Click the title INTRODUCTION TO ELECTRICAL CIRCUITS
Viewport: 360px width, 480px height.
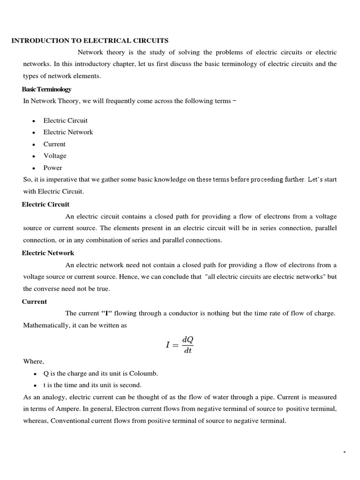90,41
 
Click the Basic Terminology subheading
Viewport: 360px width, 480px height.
46,89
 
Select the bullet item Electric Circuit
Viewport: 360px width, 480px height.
65,120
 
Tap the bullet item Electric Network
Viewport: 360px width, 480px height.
68,132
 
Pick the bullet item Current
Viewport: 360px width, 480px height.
54,144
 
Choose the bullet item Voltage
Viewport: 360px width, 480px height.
55,156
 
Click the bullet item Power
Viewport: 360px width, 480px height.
52,168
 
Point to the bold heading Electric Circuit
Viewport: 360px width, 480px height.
45,204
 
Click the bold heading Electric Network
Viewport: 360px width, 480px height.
48,253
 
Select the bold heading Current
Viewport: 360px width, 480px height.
34,301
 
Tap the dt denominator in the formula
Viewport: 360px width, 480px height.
187,351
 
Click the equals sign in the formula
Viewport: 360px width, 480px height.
175,345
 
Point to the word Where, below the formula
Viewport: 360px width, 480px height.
34,361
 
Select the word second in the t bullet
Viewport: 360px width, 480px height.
131,385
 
